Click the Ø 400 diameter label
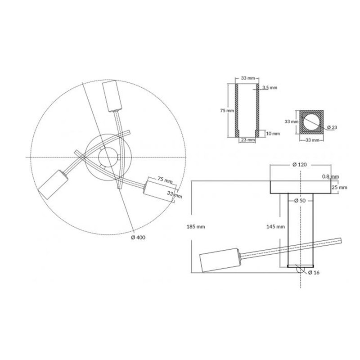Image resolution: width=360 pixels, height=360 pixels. click(x=138, y=238)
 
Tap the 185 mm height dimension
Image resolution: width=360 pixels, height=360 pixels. click(x=196, y=227)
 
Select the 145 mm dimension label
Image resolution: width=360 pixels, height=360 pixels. click(x=275, y=227)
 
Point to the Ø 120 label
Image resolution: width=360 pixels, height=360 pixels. click(x=300, y=164)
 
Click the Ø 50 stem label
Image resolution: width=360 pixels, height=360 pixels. click(x=300, y=200)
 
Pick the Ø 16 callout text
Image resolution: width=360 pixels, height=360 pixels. click(x=314, y=273)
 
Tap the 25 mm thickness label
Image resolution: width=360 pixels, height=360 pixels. click(x=339, y=187)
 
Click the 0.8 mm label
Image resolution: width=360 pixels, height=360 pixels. click(x=330, y=176)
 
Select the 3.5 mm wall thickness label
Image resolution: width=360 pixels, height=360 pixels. click(x=270, y=87)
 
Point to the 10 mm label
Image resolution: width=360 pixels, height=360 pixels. click(x=273, y=133)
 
